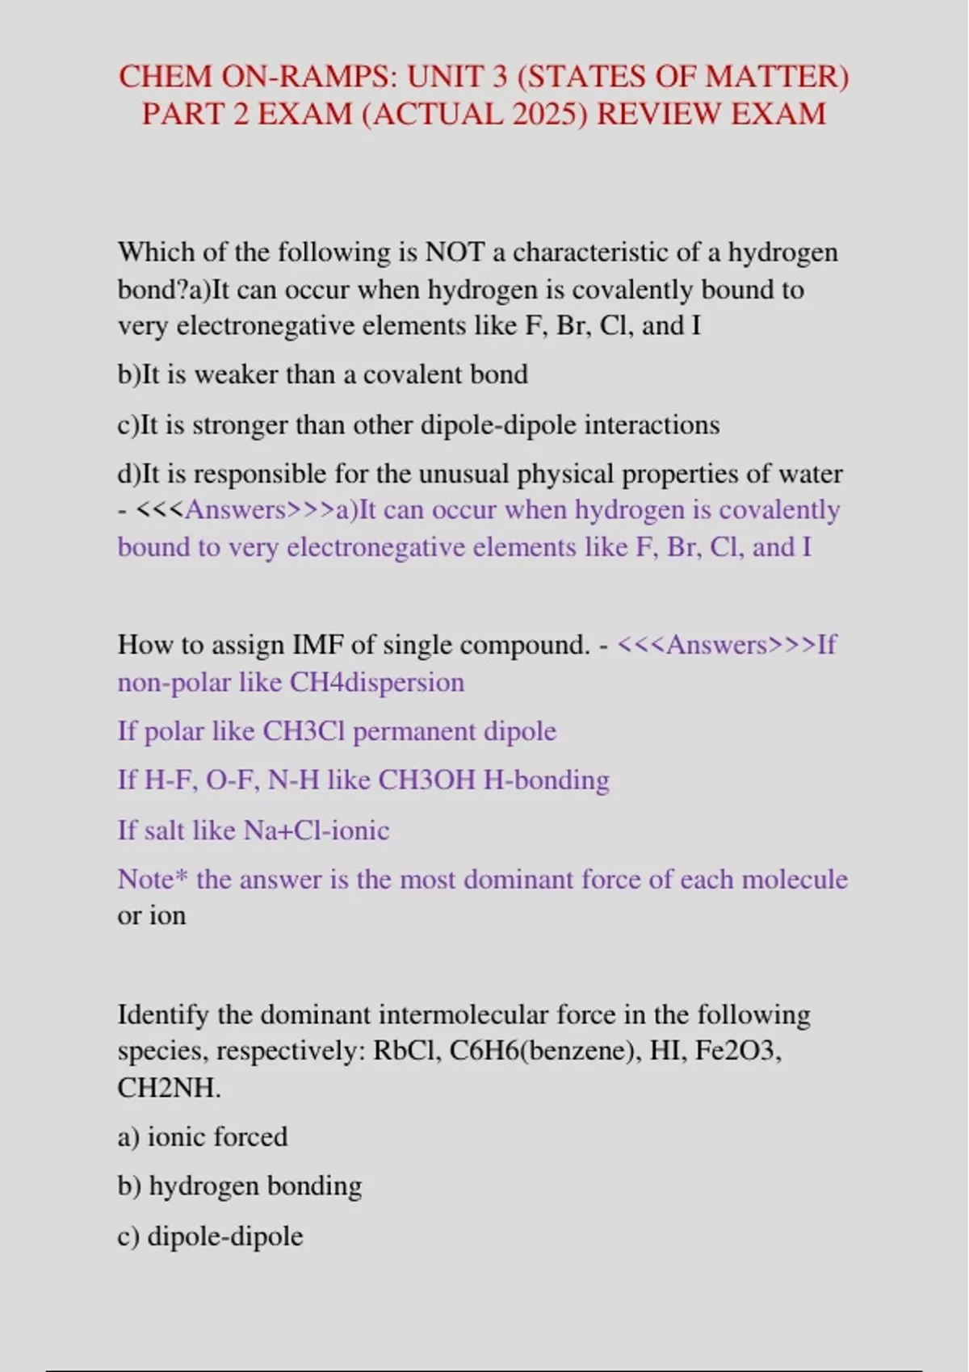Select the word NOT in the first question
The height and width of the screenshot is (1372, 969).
454,252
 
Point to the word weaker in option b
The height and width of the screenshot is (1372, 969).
234,374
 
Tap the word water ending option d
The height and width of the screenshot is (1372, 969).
810,473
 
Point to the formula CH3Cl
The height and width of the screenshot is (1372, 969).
304,731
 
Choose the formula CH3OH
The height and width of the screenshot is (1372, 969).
426,780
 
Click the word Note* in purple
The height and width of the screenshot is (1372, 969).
153,879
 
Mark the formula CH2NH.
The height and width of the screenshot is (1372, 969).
169,1088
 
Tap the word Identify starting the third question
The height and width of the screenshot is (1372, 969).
163,1014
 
